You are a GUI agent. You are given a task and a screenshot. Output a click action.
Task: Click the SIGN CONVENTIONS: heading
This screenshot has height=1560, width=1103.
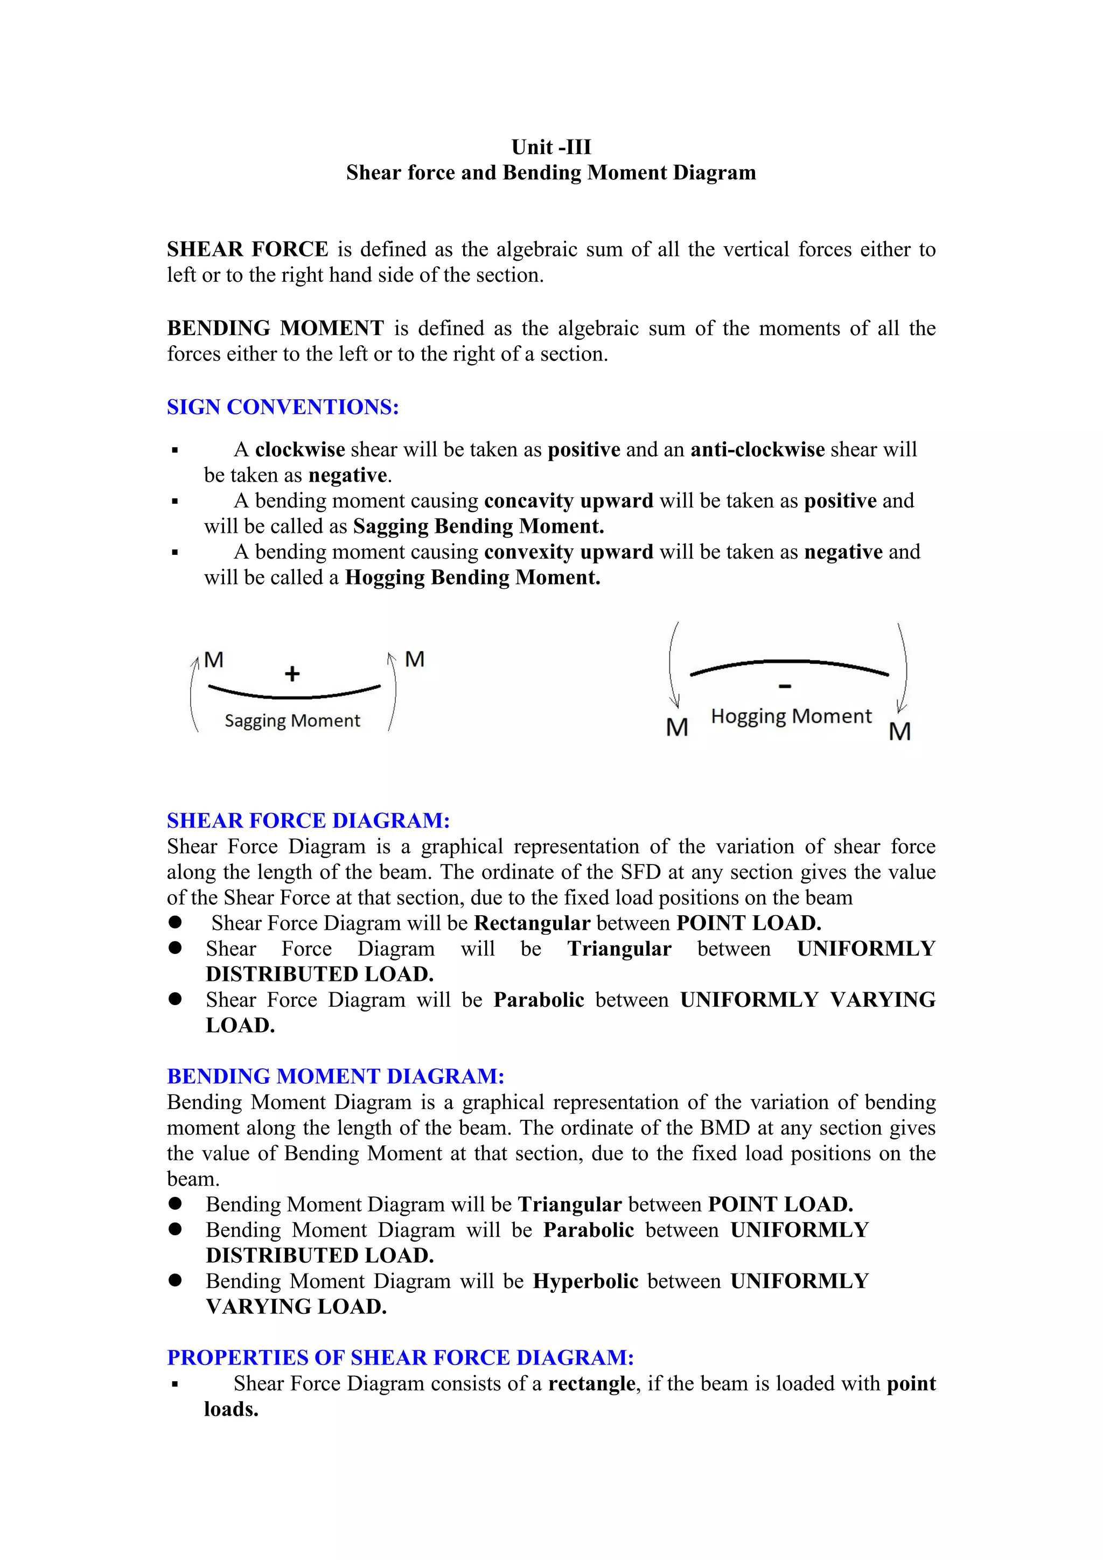click(283, 407)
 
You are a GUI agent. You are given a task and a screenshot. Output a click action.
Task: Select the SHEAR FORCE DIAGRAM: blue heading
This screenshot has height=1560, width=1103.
click(309, 821)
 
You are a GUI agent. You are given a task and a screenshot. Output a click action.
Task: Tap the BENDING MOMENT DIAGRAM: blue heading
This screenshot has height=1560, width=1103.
click(336, 1076)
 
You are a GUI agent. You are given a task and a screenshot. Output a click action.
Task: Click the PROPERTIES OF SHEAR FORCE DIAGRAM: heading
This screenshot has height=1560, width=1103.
click(400, 1357)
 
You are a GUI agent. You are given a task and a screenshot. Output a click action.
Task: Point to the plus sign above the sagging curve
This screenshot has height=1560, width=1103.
click(292, 673)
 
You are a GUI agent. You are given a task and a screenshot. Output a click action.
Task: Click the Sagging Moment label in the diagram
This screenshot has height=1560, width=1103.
click(292, 720)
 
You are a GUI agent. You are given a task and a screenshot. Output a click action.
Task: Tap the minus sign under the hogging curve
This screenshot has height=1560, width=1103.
click(785, 687)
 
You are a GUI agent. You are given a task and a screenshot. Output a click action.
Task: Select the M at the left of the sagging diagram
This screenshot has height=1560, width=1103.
click(214, 660)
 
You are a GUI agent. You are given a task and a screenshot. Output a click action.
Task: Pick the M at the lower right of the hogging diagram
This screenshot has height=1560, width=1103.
click(899, 732)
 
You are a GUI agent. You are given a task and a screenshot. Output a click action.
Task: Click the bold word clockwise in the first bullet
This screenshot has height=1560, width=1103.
click(299, 450)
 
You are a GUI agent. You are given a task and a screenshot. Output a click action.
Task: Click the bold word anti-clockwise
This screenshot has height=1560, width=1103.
click(757, 450)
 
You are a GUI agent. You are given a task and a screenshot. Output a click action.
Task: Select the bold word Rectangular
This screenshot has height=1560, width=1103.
click(532, 923)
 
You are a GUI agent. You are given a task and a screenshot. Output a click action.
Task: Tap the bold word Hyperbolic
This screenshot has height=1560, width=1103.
click(585, 1282)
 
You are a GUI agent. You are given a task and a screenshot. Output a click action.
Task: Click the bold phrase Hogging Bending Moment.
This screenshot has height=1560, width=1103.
click(473, 577)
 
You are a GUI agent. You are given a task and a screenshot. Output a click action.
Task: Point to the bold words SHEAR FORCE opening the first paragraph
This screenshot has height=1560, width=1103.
click(247, 249)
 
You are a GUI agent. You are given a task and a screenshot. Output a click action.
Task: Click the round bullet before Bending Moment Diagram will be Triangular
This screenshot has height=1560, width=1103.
click(175, 1204)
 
